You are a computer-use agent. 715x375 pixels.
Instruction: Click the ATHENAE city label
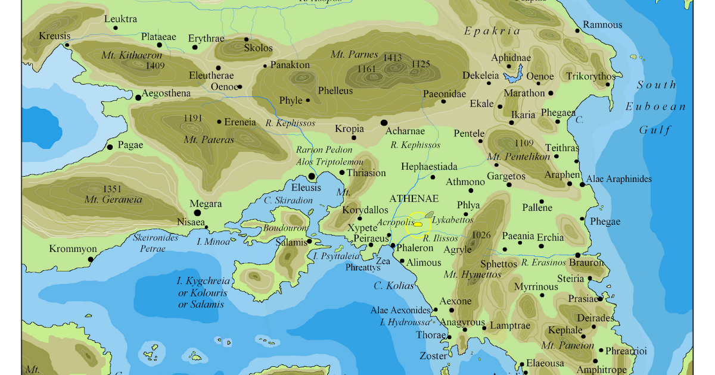coord(414,198)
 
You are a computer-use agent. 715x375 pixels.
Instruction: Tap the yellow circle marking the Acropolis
coord(418,224)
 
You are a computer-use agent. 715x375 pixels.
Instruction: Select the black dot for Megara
coord(197,212)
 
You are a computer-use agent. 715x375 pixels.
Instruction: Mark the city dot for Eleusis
coord(312,176)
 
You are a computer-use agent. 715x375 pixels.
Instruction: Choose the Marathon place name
coord(524,93)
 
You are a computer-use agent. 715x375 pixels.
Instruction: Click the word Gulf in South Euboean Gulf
coord(655,130)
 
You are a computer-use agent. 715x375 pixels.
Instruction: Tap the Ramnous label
coord(602,25)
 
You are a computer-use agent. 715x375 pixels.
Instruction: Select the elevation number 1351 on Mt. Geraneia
coord(112,189)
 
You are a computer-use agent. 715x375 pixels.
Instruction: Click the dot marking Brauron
coord(577,255)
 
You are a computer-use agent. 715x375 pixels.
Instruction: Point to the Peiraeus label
coord(371,237)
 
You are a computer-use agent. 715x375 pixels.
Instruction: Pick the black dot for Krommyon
coord(91,259)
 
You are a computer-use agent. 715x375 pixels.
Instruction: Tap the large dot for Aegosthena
coord(138,97)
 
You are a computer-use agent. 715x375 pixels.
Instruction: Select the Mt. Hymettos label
coord(472,274)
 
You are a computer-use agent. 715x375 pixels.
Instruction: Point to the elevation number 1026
coord(481,235)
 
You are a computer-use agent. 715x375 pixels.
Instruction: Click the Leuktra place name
coord(120,19)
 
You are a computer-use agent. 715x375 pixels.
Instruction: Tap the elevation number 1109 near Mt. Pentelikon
coord(524,143)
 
